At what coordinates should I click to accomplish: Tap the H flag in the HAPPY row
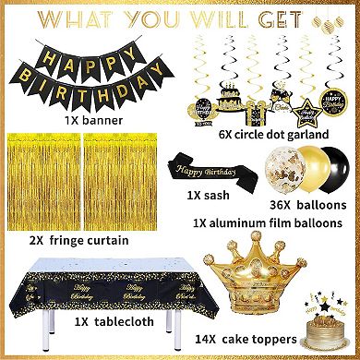[53, 45]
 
